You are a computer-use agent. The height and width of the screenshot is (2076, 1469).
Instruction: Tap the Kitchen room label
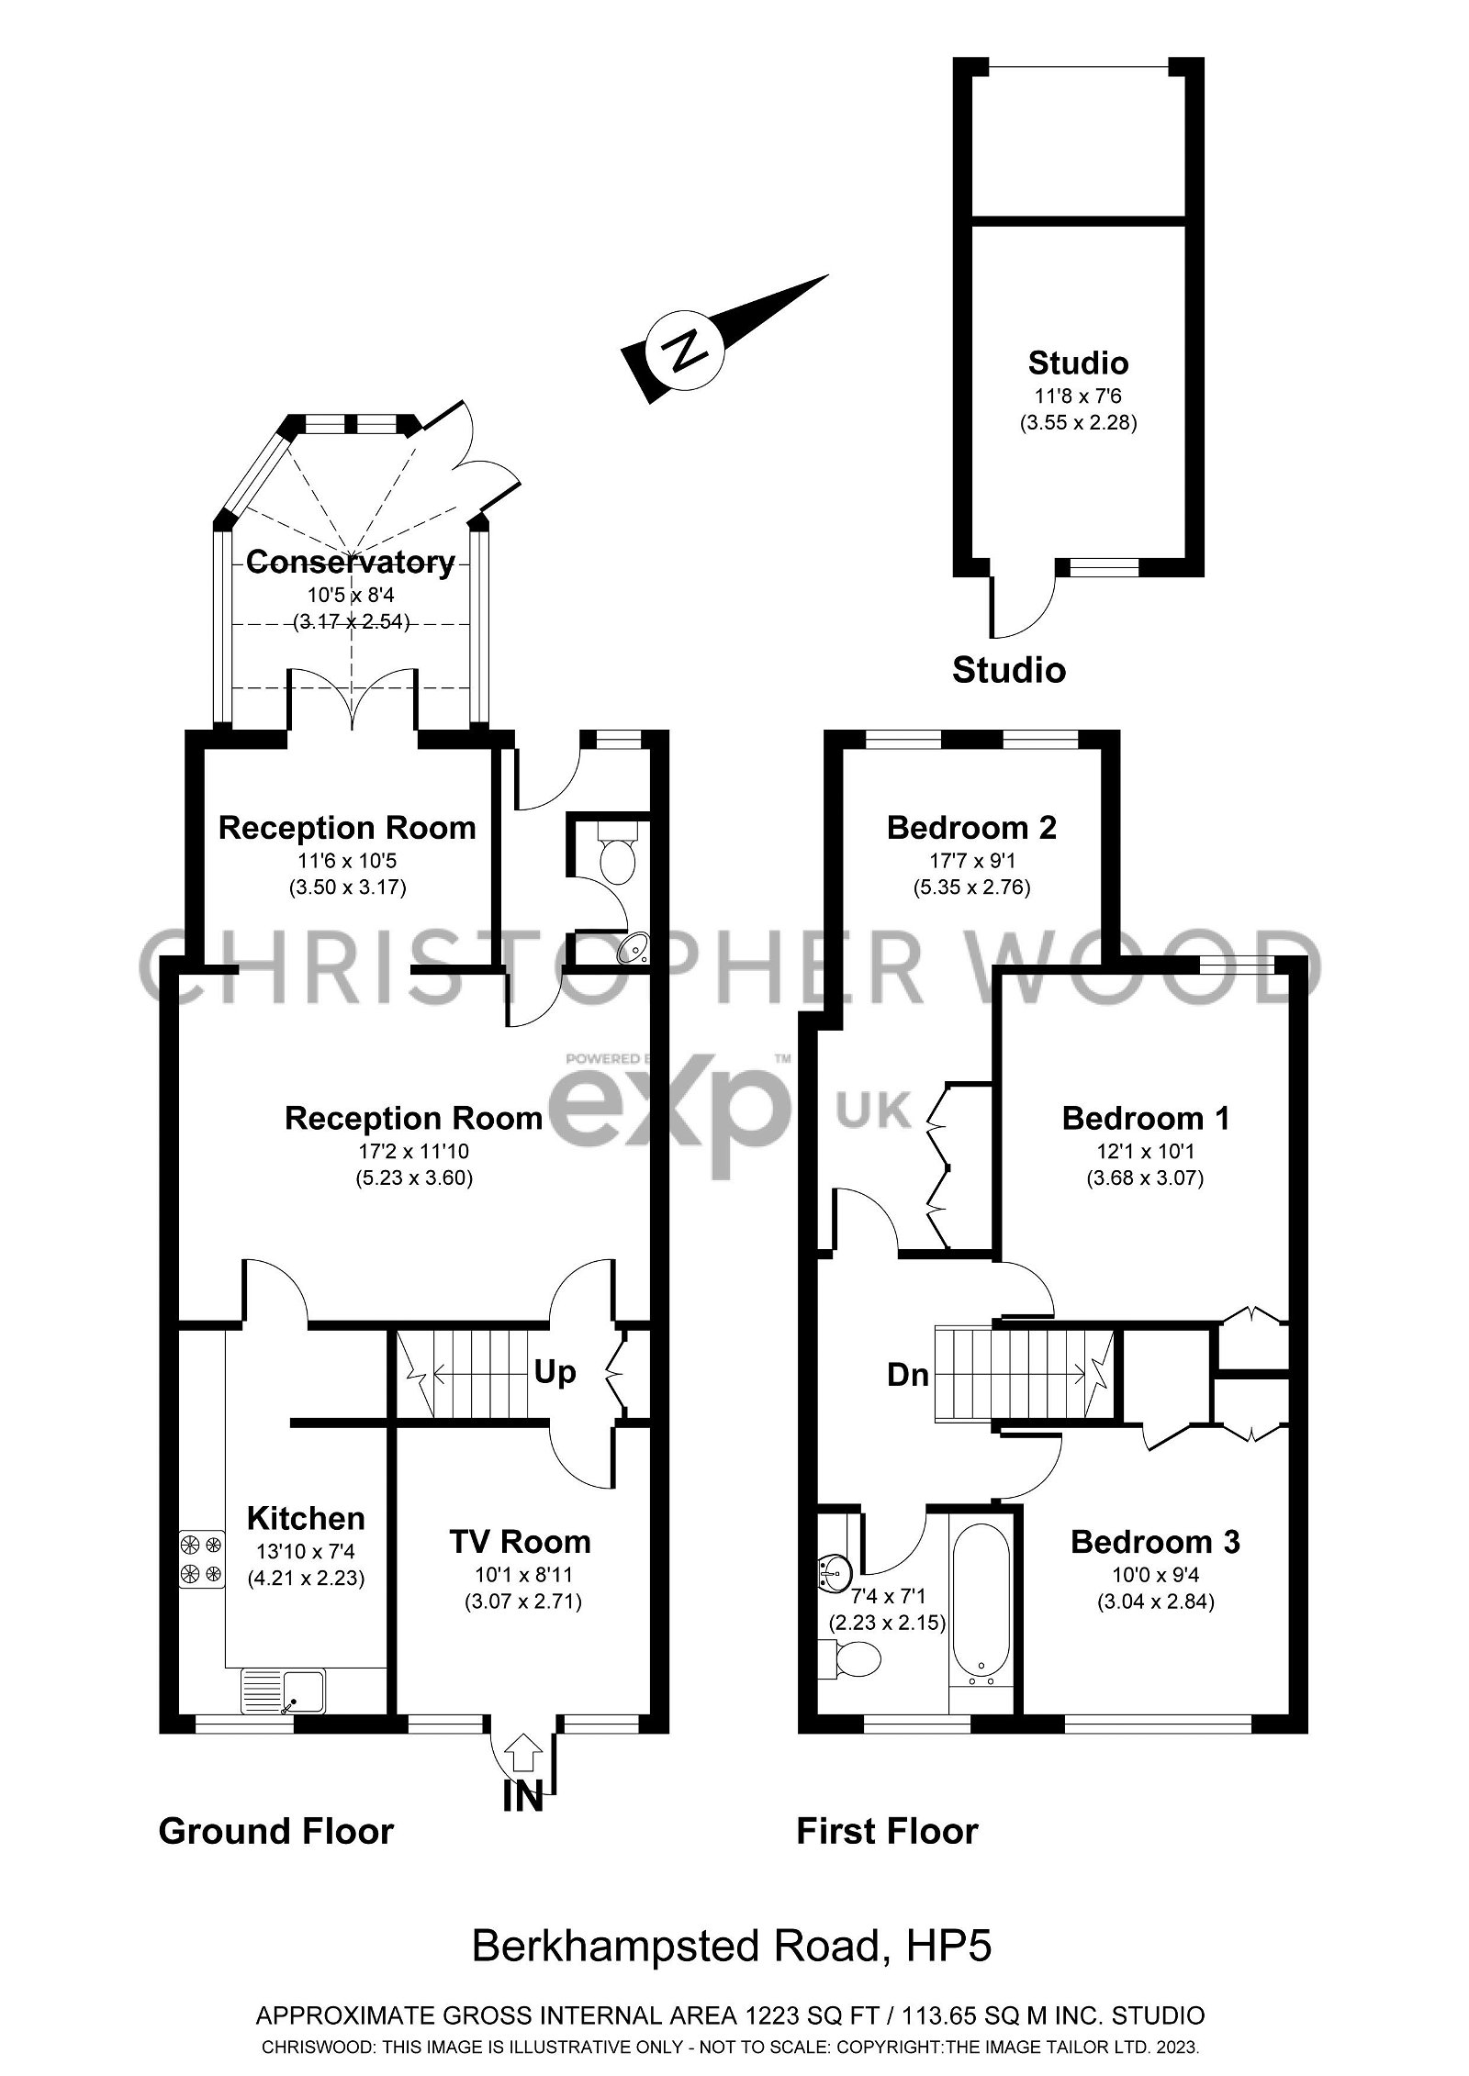pyautogui.click(x=306, y=1518)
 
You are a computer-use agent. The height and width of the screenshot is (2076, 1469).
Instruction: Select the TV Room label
pyautogui.click(x=520, y=1541)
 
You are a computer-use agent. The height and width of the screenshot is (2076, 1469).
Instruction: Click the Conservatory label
pyautogui.click(x=350, y=562)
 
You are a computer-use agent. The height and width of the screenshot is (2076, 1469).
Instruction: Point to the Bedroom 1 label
pyautogui.click(x=1145, y=1118)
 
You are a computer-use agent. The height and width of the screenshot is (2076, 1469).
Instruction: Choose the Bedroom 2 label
pyautogui.click(x=971, y=828)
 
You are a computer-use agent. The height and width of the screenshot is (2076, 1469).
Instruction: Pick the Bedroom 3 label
pyautogui.click(x=1155, y=1542)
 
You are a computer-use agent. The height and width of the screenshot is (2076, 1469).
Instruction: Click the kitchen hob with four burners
pyautogui.click(x=201, y=1559)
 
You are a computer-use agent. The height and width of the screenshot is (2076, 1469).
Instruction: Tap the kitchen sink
pyautogui.click(x=283, y=1691)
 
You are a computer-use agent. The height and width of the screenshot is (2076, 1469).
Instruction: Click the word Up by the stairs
pyautogui.click(x=555, y=1372)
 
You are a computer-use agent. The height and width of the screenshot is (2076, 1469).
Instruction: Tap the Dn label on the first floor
pyautogui.click(x=907, y=1375)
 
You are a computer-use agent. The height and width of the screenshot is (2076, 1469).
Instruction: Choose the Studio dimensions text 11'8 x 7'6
pyautogui.click(x=1078, y=396)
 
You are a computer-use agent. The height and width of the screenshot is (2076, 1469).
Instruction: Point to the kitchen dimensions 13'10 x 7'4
pyautogui.click(x=306, y=1552)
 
